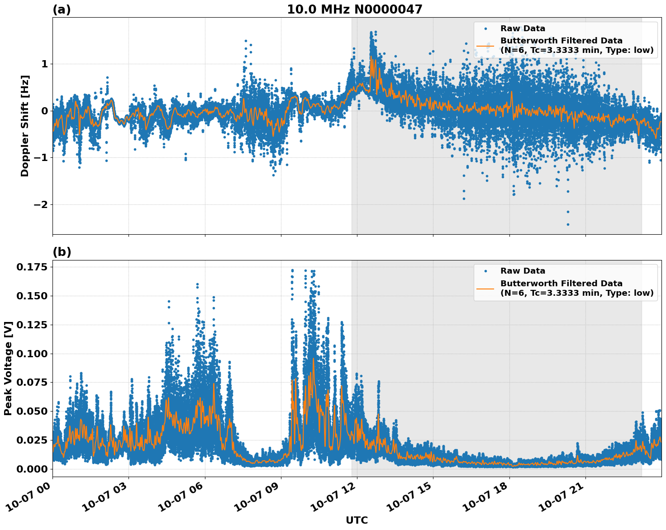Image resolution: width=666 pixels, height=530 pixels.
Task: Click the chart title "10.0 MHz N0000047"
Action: coord(354,9)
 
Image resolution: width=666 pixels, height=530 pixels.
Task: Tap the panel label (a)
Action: coord(62,9)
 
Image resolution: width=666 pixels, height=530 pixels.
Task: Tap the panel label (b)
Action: coord(62,252)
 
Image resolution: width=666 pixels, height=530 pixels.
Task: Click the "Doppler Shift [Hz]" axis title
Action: coord(25,126)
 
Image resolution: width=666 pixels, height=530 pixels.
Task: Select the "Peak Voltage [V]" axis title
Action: coord(8,368)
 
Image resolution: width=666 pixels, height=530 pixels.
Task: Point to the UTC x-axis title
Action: coord(357,520)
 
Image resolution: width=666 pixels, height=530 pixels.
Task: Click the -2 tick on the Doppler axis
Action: coord(40,205)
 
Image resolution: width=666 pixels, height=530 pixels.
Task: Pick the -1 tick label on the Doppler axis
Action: coord(40,158)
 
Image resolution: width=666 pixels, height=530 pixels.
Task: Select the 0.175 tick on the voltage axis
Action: coord(32,267)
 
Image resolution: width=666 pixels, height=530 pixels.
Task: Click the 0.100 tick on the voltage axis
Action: coord(32,354)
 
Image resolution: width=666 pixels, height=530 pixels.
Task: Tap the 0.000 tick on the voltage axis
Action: coord(32,469)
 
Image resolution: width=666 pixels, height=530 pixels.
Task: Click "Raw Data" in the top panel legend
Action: coord(523,29)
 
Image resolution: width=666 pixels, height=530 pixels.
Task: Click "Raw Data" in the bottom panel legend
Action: coord(523,271)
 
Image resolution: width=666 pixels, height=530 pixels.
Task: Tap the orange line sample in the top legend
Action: coord(485,46)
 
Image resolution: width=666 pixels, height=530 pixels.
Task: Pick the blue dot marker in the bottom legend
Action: coord(485,271)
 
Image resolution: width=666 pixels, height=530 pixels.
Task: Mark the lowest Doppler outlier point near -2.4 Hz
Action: coord(568,224)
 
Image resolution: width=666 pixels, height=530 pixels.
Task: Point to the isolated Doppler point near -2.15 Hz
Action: coord(568,212)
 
